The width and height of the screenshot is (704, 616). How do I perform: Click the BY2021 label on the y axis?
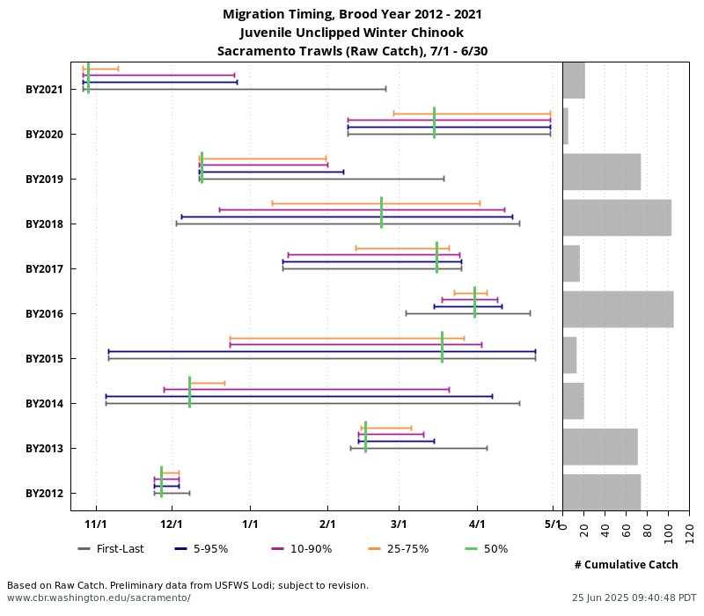44,89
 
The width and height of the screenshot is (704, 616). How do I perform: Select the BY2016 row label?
44,313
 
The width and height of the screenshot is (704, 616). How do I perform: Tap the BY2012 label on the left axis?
44,493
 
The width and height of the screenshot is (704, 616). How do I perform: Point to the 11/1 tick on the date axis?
96,524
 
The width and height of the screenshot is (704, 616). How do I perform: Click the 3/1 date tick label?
399,524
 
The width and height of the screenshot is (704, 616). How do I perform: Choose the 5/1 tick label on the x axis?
553,524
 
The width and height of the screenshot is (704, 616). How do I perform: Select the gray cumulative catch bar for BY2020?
566,126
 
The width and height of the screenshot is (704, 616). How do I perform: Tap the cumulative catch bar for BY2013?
600,446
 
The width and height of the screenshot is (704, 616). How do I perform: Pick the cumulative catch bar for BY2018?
617,217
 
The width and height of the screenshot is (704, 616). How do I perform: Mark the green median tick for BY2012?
161,482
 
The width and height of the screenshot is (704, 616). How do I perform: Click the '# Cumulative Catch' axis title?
626,564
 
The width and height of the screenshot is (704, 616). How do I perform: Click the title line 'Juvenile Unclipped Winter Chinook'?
352,33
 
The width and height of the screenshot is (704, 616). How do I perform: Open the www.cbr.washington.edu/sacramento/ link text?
99,598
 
